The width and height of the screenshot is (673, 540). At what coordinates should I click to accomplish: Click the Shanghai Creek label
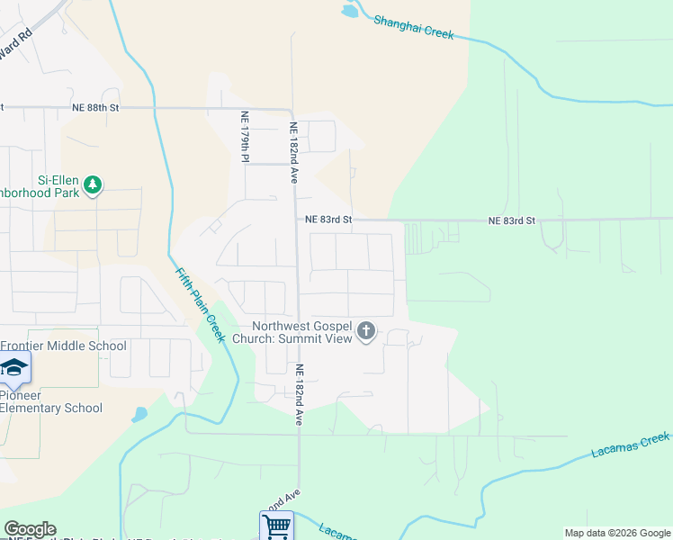point(414,27)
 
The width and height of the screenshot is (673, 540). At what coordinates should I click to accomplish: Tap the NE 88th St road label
point(95,107)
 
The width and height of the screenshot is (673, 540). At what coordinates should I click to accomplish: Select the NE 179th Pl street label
point(243,136)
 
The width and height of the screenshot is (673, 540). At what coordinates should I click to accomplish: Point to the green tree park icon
point(93,185)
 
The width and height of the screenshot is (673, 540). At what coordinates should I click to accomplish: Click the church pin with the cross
point(365,331)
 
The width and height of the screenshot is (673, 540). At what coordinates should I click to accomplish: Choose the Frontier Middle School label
point(63,346)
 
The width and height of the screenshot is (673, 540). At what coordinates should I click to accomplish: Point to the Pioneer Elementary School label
point(51,401)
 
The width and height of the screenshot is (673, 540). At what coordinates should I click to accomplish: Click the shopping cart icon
point(276,526)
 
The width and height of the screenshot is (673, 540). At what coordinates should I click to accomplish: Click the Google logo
point(30,529)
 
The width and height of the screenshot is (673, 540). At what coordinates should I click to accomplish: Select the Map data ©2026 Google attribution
point(616,533)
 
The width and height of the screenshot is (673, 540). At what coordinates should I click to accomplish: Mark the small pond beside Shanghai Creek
point(349,11)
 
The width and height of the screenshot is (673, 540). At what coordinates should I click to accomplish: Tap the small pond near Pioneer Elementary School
point(139,415)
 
